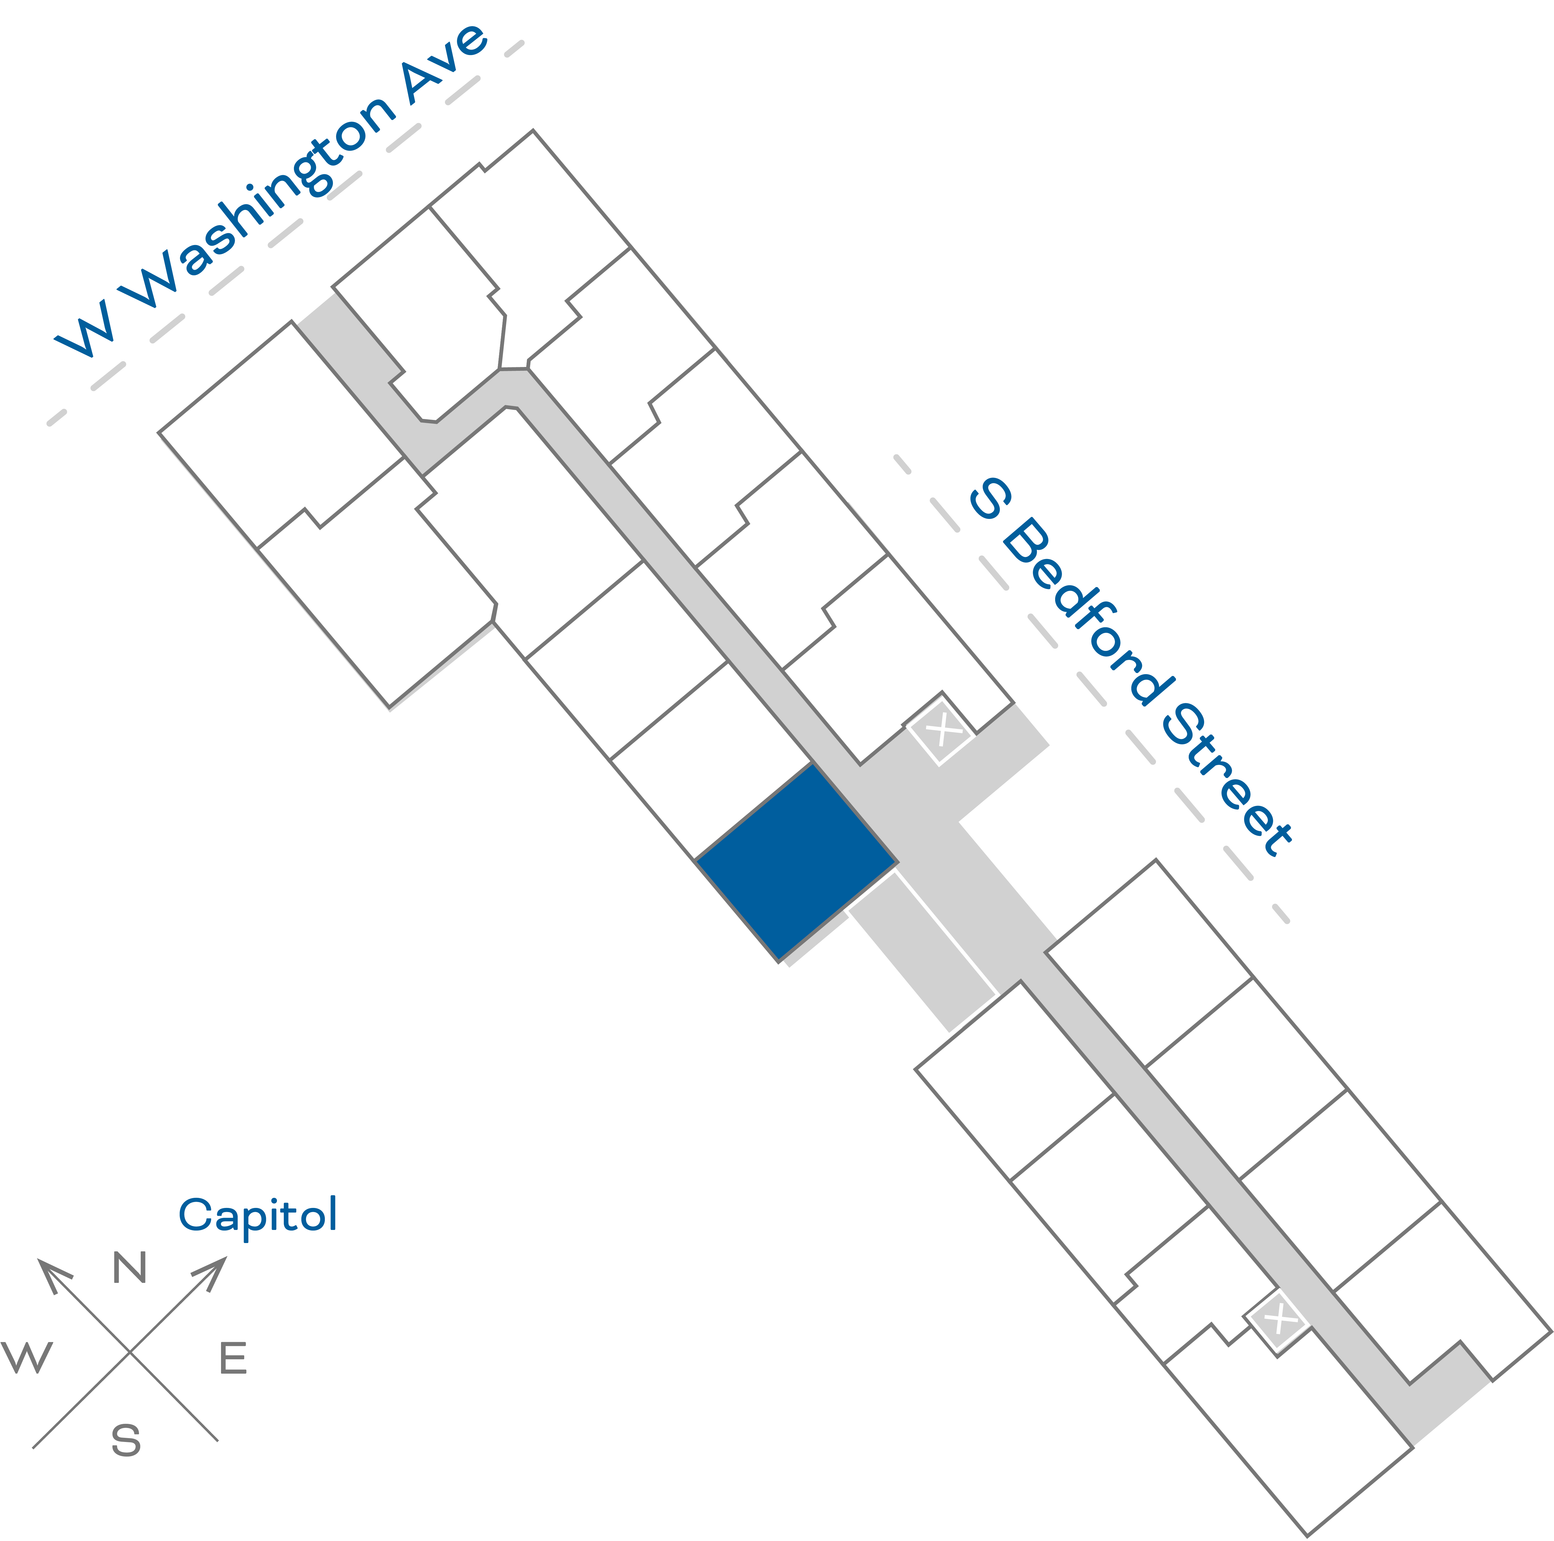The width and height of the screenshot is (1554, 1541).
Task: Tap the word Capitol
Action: pyautogui.click(x=257, y=1215)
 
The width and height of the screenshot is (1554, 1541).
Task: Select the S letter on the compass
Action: pyautogui.click(x=126, y=1441)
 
